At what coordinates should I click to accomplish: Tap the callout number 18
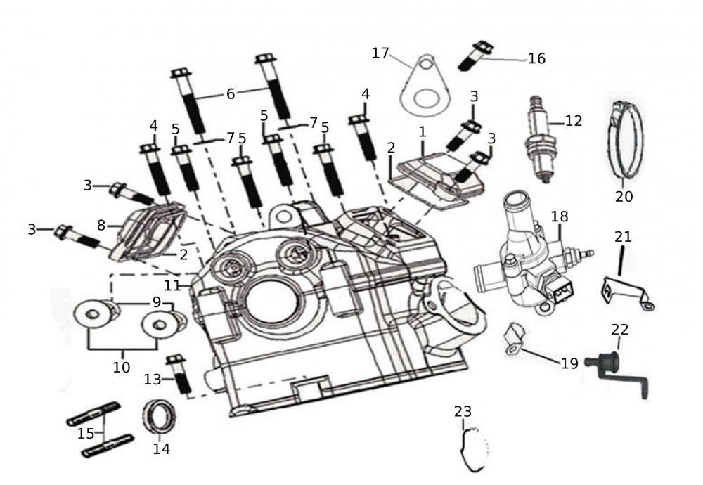(560, 216)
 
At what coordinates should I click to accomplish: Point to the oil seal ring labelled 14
(161, 419)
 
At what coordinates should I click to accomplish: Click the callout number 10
(122, 366)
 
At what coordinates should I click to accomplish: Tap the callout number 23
(463, 411)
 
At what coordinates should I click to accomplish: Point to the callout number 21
(623, 237)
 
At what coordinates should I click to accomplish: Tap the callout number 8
(101, 226)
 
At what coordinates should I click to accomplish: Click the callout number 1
(423, 131)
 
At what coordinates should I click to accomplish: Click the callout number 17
(380, 53)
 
